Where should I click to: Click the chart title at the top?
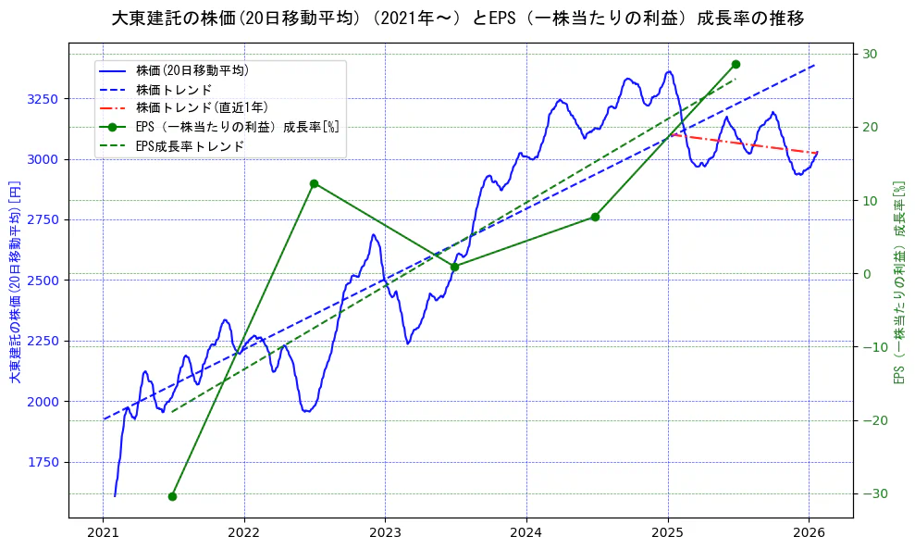457,19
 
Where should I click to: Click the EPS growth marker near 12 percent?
314,183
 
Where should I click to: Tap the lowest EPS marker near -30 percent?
172,496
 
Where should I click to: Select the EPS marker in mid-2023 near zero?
454,267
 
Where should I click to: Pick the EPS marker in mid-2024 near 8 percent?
595,217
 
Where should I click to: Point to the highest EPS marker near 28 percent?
736,64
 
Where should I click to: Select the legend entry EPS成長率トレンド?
189,146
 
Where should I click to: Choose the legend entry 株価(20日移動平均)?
192,69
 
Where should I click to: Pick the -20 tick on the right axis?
870,420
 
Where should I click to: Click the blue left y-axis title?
14,282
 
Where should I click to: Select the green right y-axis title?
897,282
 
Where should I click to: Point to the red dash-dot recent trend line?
740,143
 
